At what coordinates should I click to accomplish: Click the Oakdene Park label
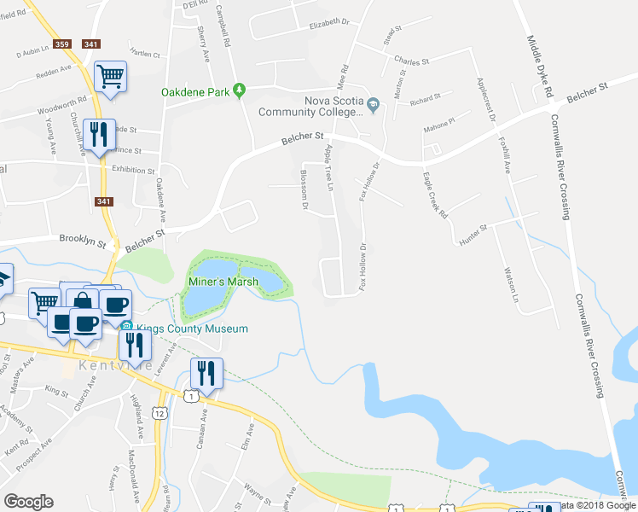pos(198,91)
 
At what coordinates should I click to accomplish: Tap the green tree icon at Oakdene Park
pos(241,90)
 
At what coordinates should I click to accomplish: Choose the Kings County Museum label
pos(191,329)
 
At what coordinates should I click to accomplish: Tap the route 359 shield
pos(61,44)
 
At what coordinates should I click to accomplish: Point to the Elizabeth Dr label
pos(330,22)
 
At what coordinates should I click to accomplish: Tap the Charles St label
pos(411,61)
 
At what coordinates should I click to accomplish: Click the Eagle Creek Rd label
pos(435,196)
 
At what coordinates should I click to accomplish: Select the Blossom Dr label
pos(304,186)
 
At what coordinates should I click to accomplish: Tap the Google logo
pos(28,502)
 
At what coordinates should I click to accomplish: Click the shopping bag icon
pos(83,301)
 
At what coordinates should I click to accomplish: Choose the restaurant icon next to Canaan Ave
pos(206,372)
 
